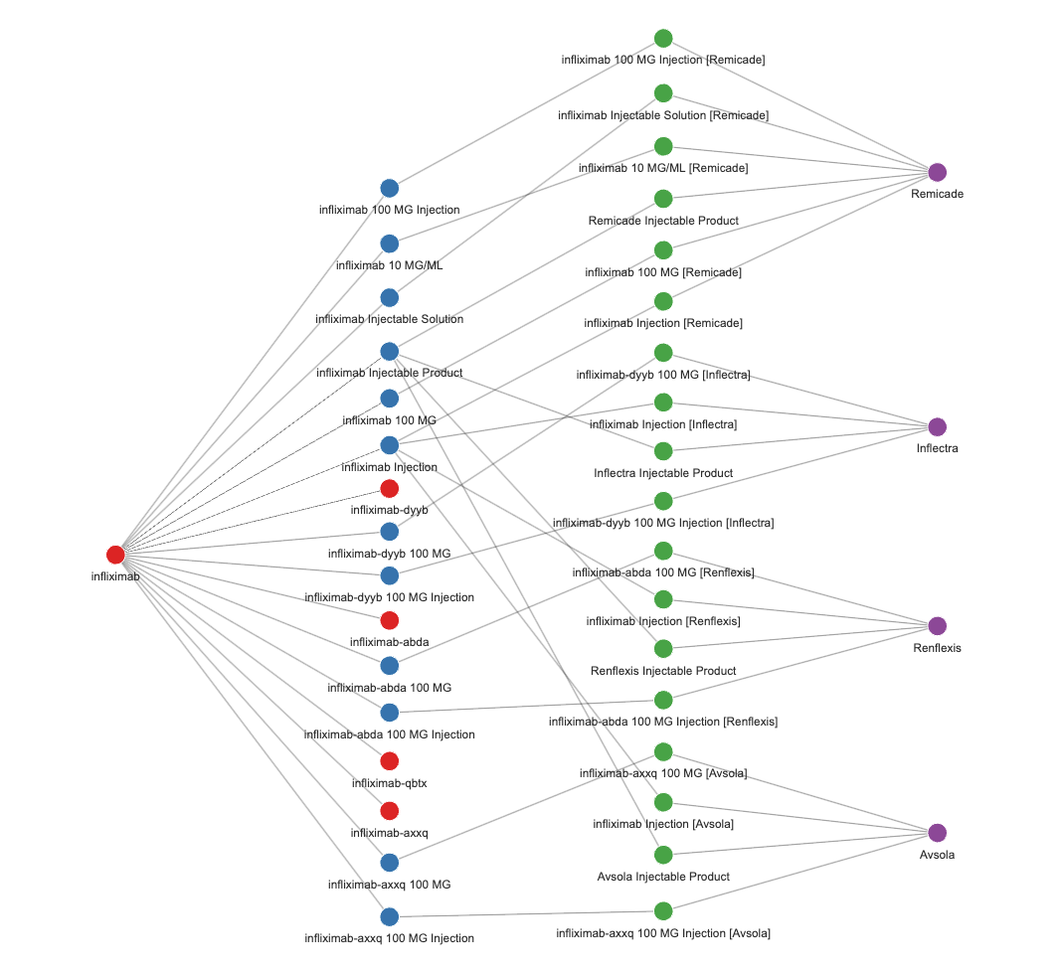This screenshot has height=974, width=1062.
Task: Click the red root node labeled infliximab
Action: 115,555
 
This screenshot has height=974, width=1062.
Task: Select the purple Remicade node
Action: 937,172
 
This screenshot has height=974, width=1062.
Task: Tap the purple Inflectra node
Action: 937,426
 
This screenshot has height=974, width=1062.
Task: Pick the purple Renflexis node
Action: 937,626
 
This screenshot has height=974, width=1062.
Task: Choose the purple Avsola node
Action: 937,833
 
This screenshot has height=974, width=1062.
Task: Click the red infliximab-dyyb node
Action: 390,488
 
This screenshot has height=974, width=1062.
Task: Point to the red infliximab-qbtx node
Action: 390,761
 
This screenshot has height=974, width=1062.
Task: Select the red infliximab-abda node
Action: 390,620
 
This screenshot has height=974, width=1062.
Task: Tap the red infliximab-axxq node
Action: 390,811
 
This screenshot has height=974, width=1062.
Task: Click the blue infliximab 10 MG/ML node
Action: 390,243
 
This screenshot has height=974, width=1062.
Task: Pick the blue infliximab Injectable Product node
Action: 390,351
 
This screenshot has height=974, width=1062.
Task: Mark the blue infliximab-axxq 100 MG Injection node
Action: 390,916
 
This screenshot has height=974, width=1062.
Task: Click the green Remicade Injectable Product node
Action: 663,199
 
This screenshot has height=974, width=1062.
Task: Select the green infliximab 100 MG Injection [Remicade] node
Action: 663,39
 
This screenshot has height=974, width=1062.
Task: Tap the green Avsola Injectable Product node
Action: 663,855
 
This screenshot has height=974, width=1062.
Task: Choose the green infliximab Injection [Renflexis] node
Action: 663,599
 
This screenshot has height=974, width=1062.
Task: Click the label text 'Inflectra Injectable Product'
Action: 663,473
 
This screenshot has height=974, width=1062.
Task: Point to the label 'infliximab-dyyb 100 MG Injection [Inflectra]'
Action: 663,523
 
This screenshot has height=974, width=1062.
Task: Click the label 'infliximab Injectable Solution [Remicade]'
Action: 663,115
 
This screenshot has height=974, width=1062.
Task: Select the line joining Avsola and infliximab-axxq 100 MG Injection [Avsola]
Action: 800,872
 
